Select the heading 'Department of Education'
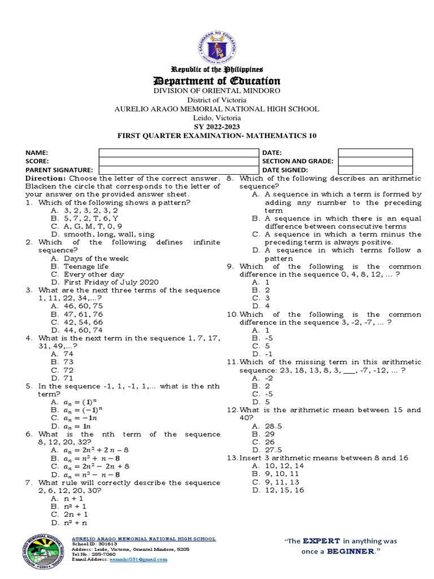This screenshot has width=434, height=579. point(218,81)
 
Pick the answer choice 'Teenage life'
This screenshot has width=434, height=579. point(86,266)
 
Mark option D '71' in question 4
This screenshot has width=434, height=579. point(70,378)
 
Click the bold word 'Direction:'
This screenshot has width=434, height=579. point(45,178)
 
